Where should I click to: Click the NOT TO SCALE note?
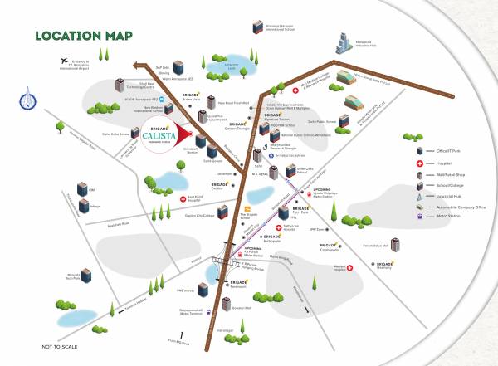(59, 346)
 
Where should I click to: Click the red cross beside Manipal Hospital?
(351, 267)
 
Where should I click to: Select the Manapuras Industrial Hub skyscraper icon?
(344, 47)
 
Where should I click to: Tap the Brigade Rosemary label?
(384, 266)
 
